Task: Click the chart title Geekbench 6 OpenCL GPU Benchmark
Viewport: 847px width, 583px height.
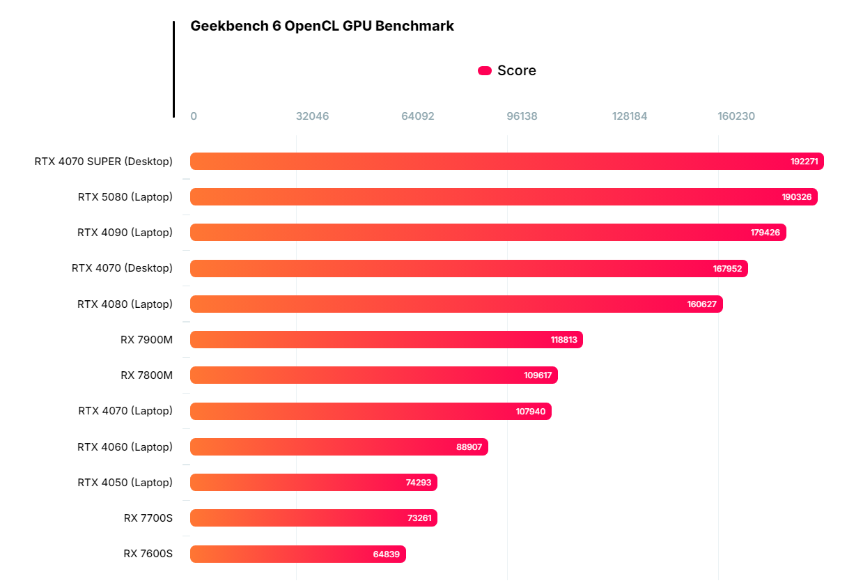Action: tap(322, 26)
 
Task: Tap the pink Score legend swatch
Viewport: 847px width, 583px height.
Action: tap(485, 70)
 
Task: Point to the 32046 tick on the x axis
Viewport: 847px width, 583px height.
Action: tap(312, 116)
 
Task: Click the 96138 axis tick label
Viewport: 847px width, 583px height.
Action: tap(522, 116)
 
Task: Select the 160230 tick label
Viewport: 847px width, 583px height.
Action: tap(736, 116)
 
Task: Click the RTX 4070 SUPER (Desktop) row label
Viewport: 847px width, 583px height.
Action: tap(103, 162)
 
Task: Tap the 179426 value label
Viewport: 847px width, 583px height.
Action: tap(765, 233)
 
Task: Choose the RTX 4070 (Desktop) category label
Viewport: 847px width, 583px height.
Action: tap(122, 268)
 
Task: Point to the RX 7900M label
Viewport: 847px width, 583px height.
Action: tap(146, 340)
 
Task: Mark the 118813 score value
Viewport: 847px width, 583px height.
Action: tap(564, 340)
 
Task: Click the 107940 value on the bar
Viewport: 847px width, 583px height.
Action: tap(530, 412)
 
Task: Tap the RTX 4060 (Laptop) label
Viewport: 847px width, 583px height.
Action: tap(125, 447)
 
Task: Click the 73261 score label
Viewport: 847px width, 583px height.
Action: tap(420, 518)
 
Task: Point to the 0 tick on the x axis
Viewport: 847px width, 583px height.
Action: tap(194, 116)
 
